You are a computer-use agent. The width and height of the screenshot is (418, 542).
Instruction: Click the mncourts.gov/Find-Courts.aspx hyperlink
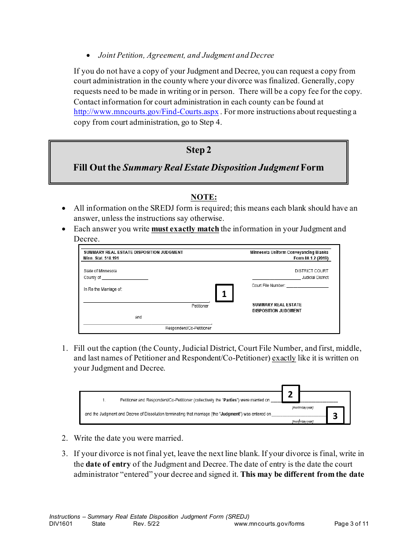pyautogui.click(x=146, y=112)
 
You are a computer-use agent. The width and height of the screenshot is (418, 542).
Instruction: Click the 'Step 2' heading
pyautogui.click(x=198, y=150)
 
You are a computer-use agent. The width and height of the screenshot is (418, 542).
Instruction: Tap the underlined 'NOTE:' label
pyautogui.click(x=203, y=197)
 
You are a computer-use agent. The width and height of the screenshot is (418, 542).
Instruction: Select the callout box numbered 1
pyautogui.click(x=224, y=293)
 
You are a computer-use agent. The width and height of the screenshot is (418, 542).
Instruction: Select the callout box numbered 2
pyautogui.click(x=290, y=394)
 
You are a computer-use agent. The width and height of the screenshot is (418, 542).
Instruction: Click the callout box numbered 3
pyautogui.click(x=335, y=416)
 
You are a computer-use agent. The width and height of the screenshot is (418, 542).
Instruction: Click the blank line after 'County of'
pyautogui.click(x=125, y=278)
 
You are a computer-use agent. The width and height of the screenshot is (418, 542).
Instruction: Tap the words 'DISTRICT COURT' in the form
pyautogui.click(x=311, y=271)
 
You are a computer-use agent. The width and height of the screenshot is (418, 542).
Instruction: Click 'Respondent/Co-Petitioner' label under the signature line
pyautogui.click(x=188, y=328)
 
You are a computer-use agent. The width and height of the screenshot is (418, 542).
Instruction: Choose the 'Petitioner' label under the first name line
pyautogui.click(x=200, y=306)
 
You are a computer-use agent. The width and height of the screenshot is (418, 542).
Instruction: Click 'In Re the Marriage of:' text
pyautogui.click(x=103, y=290)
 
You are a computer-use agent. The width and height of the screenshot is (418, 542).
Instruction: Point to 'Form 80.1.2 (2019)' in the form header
pyautogui.click(x=311, y=259)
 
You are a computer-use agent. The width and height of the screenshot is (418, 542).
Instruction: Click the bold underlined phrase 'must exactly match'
pyautogui.click(x=185, y=229)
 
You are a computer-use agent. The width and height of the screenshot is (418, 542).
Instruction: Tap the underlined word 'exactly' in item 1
pyautogui.click(x=284, y=358)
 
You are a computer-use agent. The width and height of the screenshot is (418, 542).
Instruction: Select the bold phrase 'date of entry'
pyautogui.click(x=108, y=464)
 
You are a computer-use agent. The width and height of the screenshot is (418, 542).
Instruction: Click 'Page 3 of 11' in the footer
pyautogui.click(x=351, y=524)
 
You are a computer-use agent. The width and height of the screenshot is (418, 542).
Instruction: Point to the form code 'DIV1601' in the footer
pyautogui.click(x=61, y=524)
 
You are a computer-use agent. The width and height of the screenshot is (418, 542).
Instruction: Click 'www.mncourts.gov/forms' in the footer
pyautogui.click(x=269, y=524)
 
